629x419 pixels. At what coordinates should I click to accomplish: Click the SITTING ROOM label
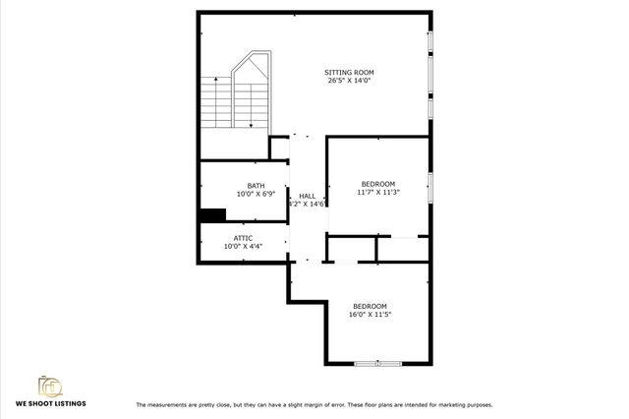pos(349,72)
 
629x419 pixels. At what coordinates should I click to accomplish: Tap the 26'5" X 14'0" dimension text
pos(350,81)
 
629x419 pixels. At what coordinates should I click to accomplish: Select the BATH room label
pos(256,186)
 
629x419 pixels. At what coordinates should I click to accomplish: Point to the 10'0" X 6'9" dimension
pos(256,194)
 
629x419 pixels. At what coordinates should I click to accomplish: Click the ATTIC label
pos(243,238)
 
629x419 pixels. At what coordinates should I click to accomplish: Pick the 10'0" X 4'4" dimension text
pos(243,246)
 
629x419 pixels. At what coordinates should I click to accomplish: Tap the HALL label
pos(307,196)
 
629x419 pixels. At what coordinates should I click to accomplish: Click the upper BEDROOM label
pos(377,184)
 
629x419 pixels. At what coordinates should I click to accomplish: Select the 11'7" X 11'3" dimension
pos(377,192)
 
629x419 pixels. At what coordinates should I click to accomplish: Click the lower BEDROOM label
pos(371,306)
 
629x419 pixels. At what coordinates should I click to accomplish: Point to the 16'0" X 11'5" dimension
pos(371,315)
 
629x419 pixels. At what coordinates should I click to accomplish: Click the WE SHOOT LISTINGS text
pos(50,404)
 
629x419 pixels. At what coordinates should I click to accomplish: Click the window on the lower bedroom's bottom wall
pos(378,364)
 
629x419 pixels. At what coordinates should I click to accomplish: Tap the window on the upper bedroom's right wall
pos(429,186)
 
